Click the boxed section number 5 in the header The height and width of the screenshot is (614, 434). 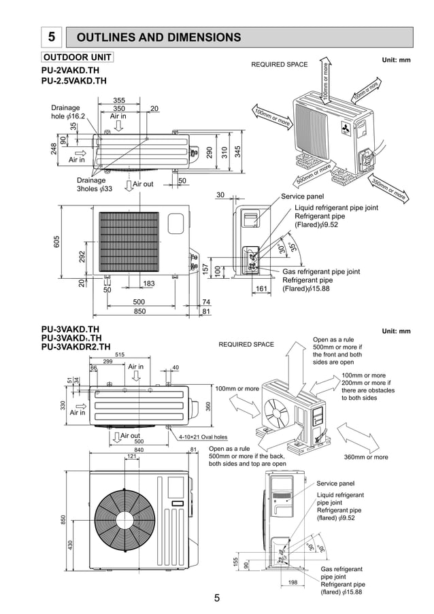pos(52,37)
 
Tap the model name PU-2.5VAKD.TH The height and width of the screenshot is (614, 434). pos(74,81)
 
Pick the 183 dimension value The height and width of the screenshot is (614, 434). pos(149,283)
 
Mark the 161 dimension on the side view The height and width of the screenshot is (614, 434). pos(261,289)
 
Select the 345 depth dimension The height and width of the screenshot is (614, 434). pos(237,152)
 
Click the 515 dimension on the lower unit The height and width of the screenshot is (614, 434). pos(120,354)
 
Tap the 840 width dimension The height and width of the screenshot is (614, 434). pos(139,449)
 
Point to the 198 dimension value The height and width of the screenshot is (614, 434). pos(293,582)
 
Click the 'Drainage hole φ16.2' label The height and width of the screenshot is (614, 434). pos(66,112)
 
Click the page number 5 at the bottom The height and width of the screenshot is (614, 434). pos(216,598)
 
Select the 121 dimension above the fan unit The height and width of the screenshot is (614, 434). pos(131,456)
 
